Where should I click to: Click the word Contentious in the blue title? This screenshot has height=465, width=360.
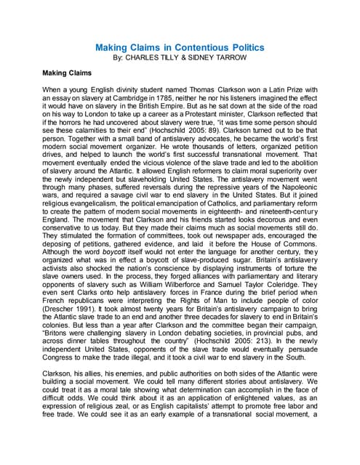click(195, 48)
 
